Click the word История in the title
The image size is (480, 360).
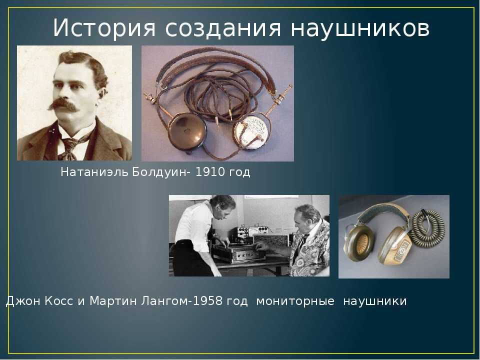104,28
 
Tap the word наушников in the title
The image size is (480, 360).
360,28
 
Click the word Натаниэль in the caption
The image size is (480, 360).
94,172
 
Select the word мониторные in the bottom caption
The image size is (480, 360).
295,301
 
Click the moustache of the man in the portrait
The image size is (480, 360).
63,104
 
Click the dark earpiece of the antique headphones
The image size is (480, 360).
187,131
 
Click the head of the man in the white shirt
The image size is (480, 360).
222,206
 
